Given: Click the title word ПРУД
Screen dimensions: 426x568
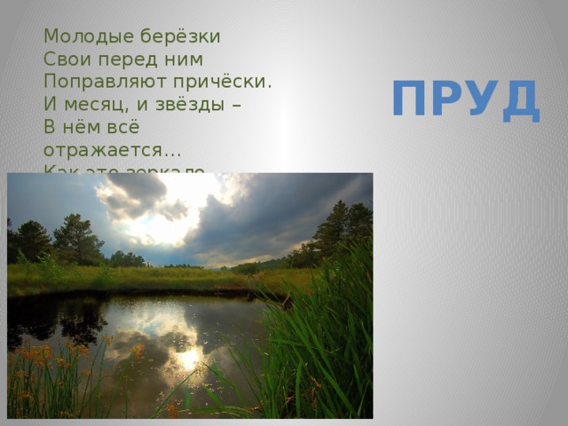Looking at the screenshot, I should [465, 99].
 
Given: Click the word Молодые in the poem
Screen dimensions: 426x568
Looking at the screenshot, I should [82, 37].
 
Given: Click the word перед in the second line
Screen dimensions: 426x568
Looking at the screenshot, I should [131, 59].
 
